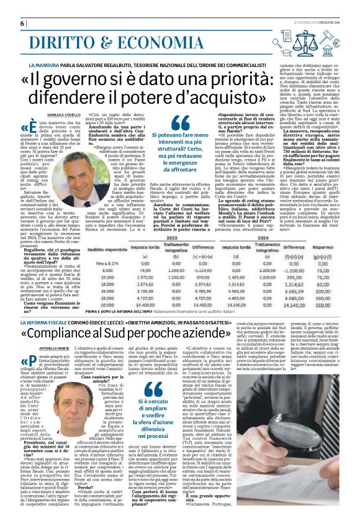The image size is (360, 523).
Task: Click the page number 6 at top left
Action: (22, 23)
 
